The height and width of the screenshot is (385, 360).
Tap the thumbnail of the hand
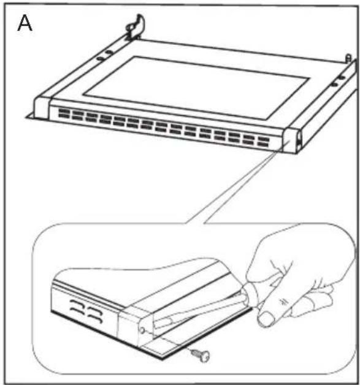coord(266,318)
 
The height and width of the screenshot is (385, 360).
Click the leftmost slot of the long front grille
coord(63,112)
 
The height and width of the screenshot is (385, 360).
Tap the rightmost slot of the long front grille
coord(263,145)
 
